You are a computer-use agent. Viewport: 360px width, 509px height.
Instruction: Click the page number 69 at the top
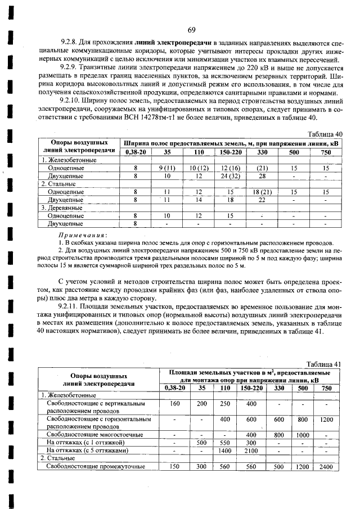[191, 30]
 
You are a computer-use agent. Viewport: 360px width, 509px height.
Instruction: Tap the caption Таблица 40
[326, 134]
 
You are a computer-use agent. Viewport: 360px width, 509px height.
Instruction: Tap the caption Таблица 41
[325, 364]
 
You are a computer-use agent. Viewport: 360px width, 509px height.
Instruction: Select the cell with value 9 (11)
[168, 168]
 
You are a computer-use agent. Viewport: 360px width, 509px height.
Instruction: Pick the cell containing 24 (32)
[231, 176]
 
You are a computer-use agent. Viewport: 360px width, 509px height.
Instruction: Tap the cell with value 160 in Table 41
[174, 404]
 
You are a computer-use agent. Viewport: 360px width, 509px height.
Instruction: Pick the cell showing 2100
[251, 451]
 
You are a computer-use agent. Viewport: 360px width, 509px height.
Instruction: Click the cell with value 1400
[225, 451]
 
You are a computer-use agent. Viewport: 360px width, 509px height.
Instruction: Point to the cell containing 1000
[303, 435]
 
